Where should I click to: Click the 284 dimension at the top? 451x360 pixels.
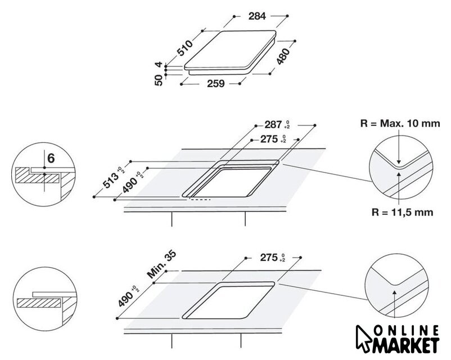coord(257,16)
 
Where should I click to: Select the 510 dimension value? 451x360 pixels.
coord(184,48)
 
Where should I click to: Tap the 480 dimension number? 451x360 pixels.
coord(283,56)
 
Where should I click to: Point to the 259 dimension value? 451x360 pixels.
coord(216,83)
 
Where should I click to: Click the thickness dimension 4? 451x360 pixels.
coord(159,65)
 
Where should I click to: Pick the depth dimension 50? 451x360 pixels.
coord(159,80)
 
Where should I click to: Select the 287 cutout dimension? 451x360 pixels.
coord(273,125)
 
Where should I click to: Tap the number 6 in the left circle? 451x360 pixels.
coord(51,158)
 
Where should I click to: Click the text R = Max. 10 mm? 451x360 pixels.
coord(400,123)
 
